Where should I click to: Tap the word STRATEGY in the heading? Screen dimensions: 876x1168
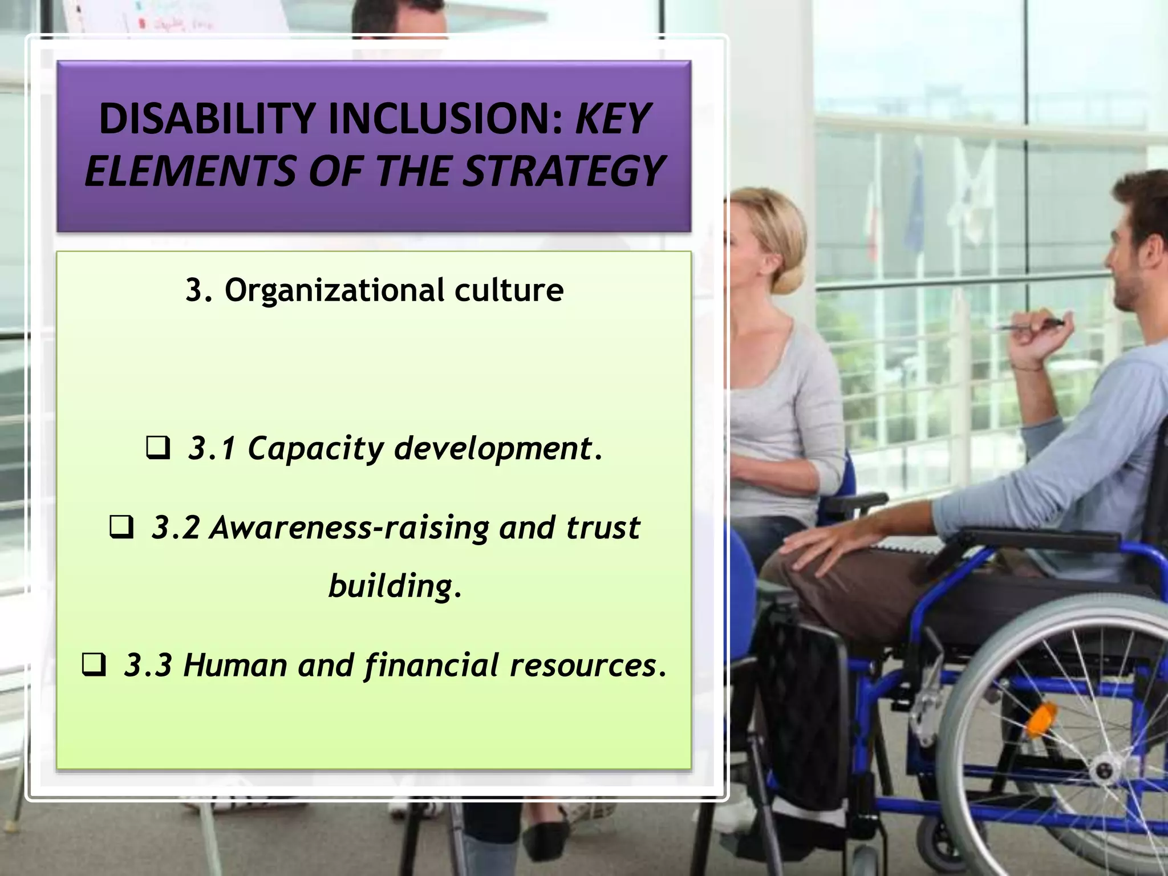point(563,171)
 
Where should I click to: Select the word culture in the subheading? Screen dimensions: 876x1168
point(509,290)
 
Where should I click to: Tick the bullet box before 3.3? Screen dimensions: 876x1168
point(94,665)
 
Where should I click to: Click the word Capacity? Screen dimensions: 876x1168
point(315,448)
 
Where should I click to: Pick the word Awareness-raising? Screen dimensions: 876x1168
point(350,528)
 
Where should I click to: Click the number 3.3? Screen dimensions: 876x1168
point(148,666)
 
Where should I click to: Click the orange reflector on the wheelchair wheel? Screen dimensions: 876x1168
point(1039,720)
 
